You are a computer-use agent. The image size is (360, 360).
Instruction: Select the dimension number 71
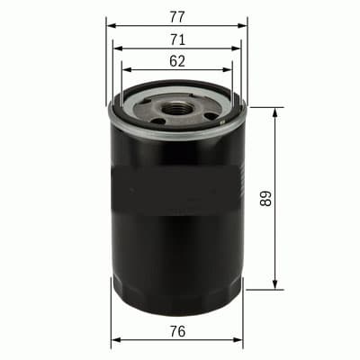point(176,39)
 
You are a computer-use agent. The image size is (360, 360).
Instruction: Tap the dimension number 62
point(176,61)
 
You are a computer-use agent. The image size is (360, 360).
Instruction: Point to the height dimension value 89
point(265,198)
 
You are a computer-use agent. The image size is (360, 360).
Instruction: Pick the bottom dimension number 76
point(176,332)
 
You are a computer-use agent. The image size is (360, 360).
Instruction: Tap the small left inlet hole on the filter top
point(158,119)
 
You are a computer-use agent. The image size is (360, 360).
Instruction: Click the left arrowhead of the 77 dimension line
point(110,25)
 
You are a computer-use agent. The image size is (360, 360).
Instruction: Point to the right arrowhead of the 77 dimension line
point(243,25)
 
